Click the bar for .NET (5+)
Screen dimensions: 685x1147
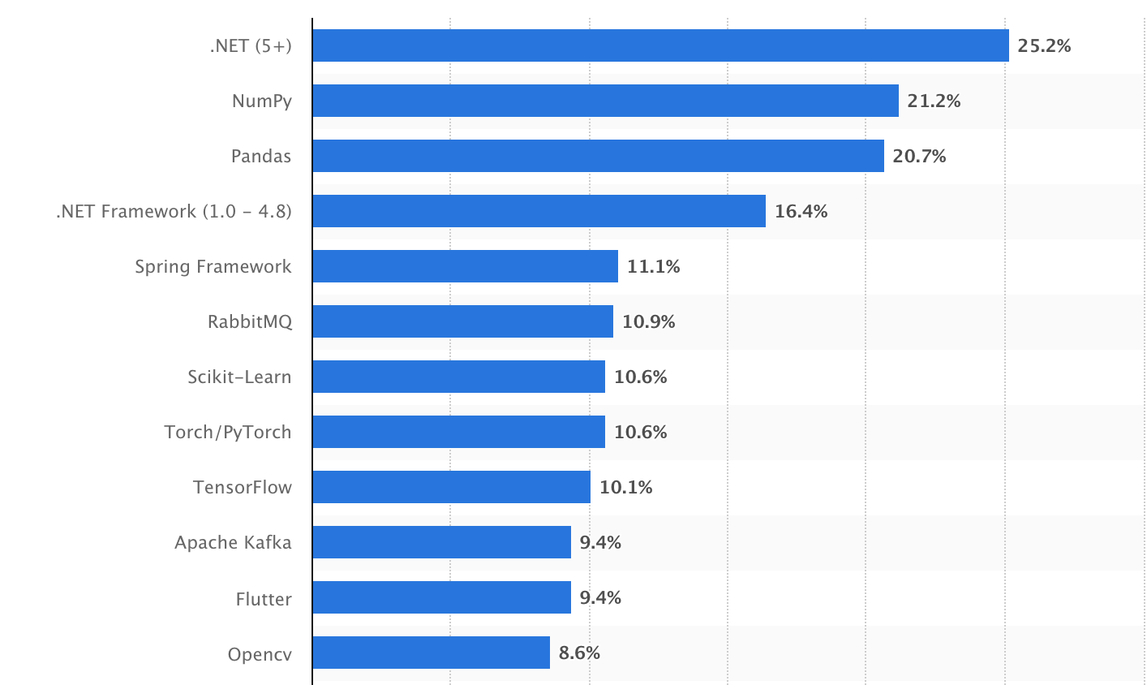pos(660,45)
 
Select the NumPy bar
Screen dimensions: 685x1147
pos(605,101)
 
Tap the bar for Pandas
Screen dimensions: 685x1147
pos(598,156)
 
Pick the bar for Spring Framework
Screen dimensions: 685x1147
pos(465,266)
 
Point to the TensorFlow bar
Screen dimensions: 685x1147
pos(451,487)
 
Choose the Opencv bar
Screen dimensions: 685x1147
pos(431,653)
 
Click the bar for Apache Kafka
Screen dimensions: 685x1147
pos(441,542)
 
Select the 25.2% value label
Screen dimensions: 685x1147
pos(1044,45)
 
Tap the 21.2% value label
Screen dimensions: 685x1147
pos(934,101)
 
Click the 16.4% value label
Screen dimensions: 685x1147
pos(801,211)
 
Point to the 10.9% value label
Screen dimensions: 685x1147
pos(648,321)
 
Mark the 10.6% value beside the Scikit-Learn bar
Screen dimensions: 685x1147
pos(640,377)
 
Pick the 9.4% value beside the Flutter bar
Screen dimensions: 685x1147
pos(600,597)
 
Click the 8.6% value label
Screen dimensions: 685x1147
pos(579,653)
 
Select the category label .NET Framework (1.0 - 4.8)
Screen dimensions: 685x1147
pos(174,211)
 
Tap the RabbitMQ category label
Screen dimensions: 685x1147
pos(249,321)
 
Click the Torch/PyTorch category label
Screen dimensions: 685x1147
pos(227,432)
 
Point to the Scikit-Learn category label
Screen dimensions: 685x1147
pos(239,377)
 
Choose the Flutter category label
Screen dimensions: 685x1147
pos(264,599)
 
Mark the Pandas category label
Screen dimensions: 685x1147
pos(260,156)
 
